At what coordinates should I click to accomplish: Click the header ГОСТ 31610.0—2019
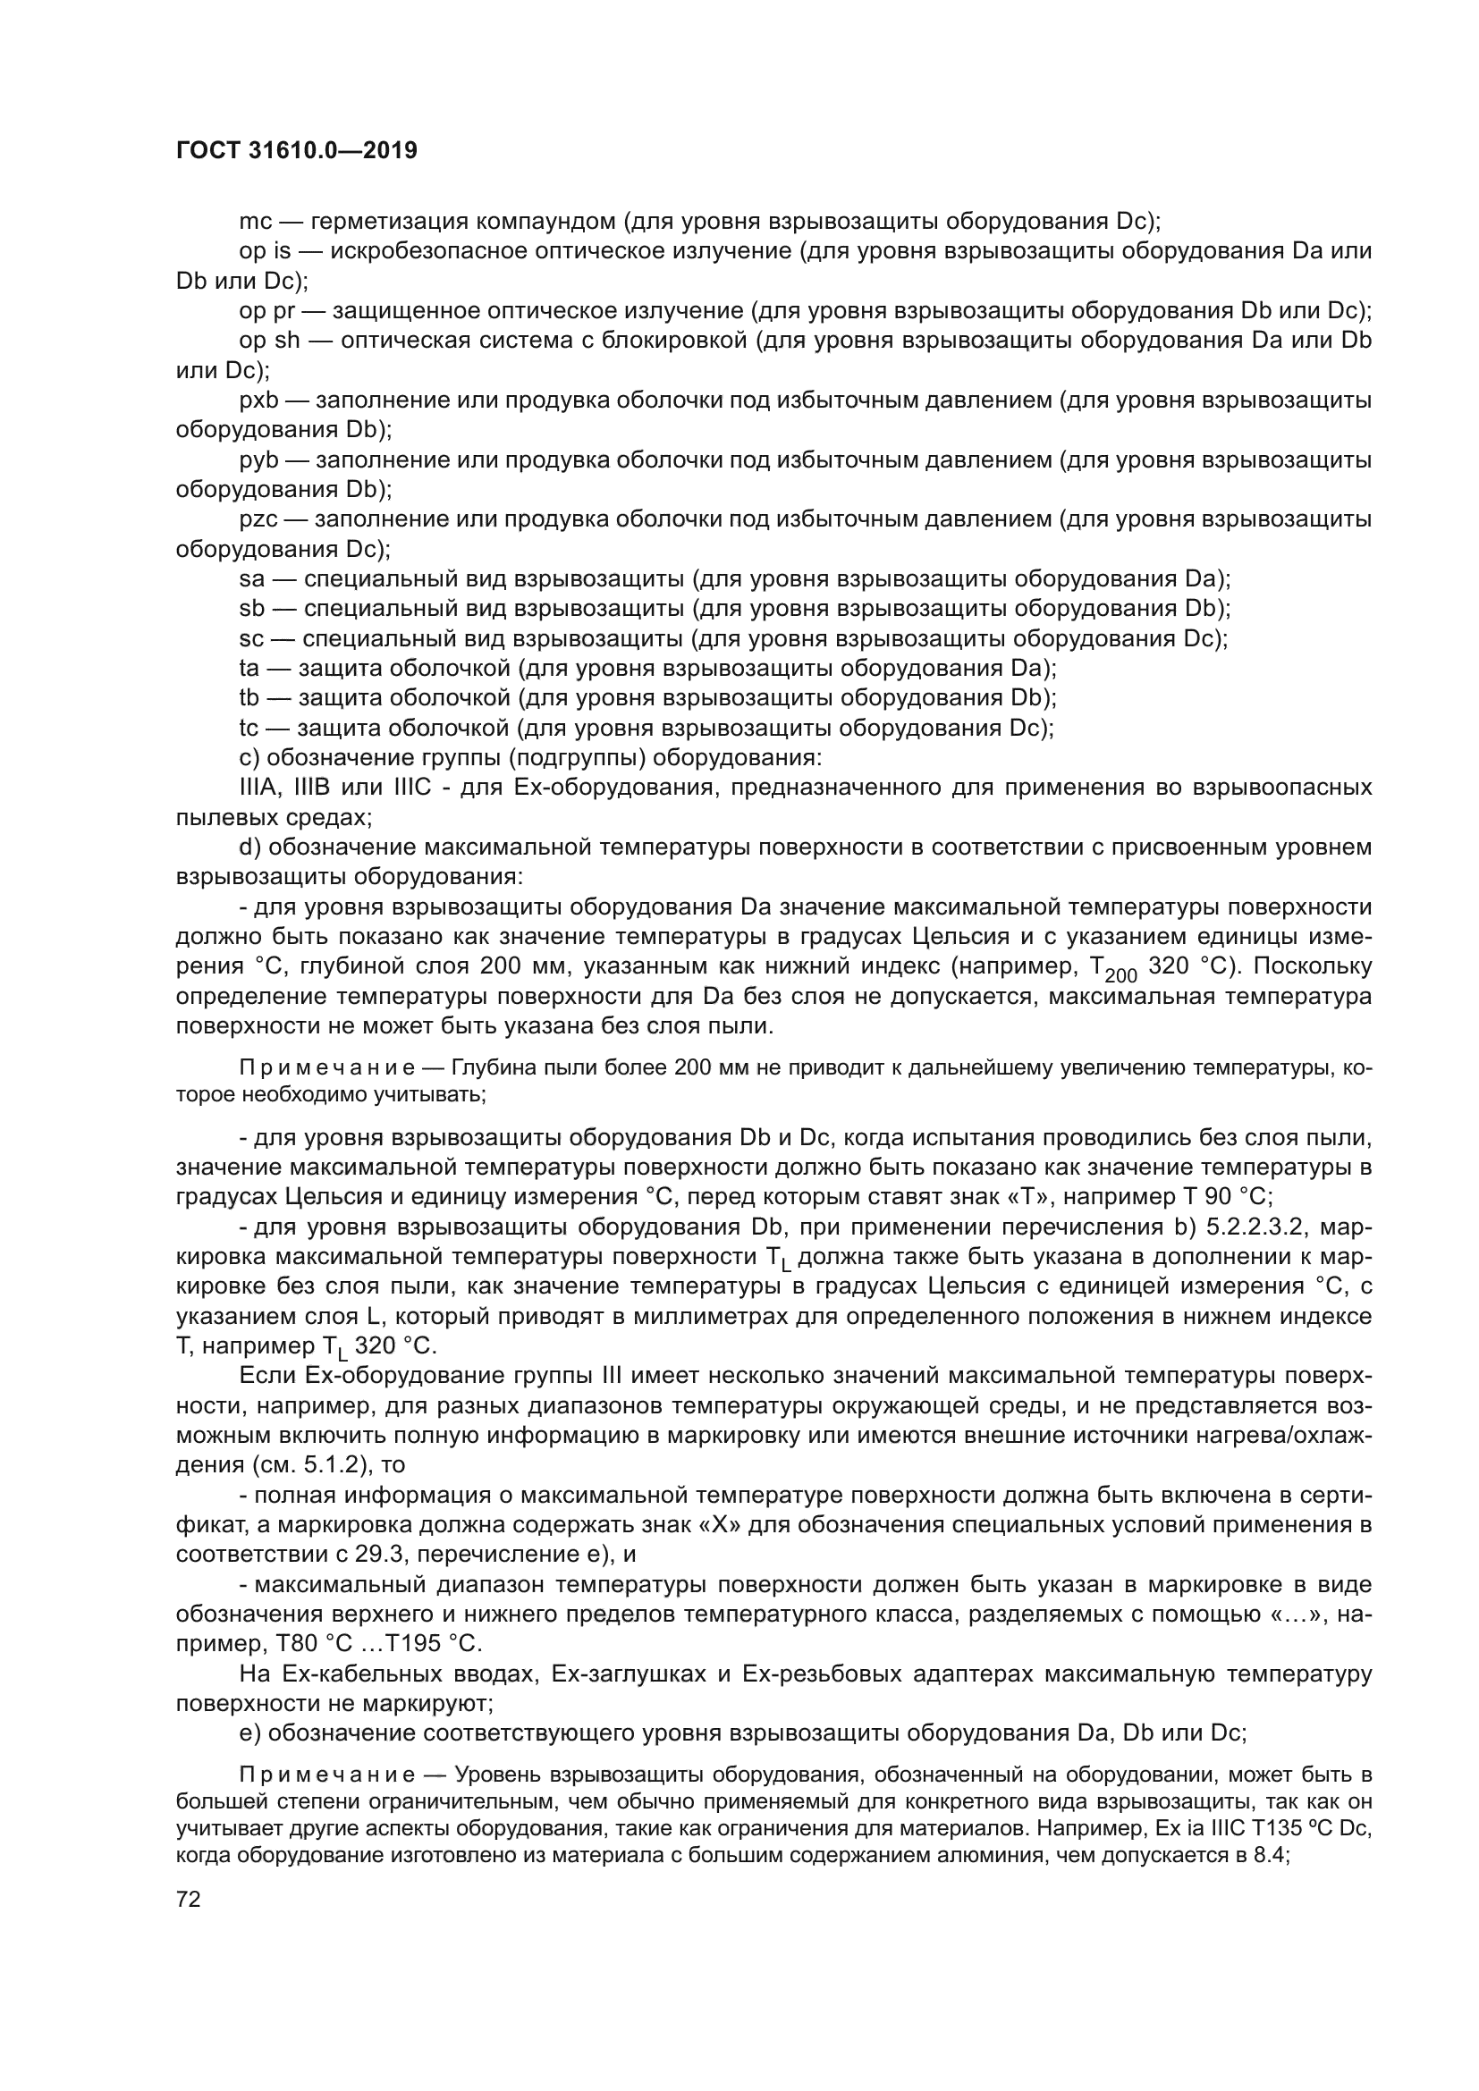297,151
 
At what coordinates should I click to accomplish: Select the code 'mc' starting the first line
256,223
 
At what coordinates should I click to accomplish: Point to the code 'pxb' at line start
258,400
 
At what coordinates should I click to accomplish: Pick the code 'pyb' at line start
258,460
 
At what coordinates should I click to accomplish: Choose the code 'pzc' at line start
258,520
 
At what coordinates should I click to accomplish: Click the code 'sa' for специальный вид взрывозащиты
251,579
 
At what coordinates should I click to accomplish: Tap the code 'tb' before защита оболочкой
249,698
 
